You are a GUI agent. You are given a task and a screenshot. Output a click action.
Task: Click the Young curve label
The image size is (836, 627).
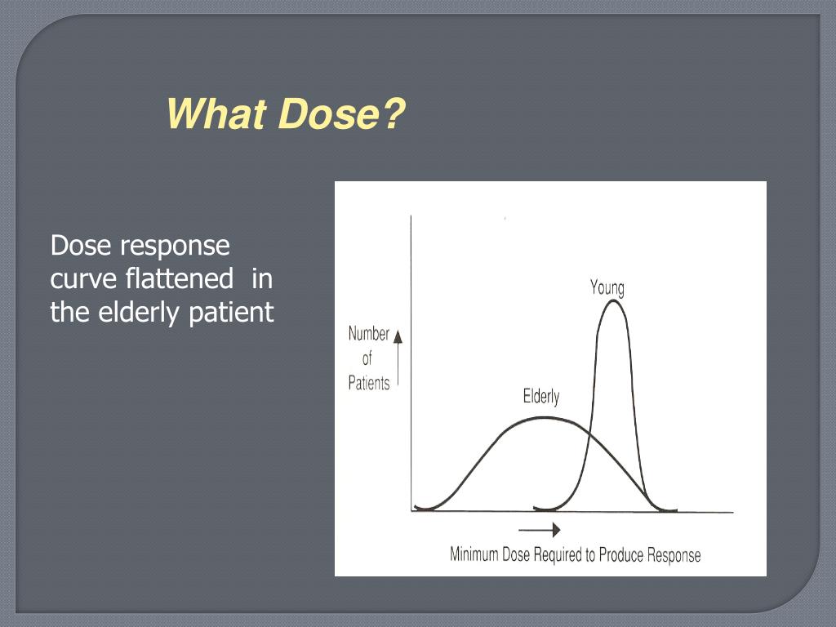607,287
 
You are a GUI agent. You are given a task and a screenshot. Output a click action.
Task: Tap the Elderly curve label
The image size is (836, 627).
541,397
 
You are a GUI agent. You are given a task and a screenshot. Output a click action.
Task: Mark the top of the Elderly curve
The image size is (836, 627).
540,417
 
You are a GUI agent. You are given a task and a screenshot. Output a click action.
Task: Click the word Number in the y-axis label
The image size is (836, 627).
369,334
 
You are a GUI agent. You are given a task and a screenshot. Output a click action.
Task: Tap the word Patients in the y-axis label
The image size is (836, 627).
369,383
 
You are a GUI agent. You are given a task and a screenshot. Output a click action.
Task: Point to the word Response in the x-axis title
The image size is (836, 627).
674,555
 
